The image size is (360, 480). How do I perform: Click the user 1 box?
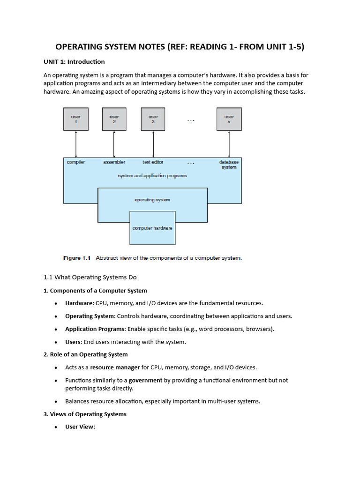[x=75, y=119]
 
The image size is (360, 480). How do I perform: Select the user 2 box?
[x=114, y=119]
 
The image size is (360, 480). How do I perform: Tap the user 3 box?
[x=153, y=119]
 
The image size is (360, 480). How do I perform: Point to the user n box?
[x=229, y=119]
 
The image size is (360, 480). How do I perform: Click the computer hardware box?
[x=152, y=228]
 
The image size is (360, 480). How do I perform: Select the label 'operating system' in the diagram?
[x=152, y=200]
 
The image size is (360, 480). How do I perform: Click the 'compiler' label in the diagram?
[x=76, y=162]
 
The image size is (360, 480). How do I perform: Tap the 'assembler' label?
[x=114, y=162]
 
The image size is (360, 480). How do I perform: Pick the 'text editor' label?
[x=153, y=162]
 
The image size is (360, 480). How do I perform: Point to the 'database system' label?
[x=229, y=165]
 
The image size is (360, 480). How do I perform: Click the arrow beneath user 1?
[x=75, y=144]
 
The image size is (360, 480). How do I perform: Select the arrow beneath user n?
[x=229, y=144]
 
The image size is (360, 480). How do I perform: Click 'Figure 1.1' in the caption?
[x=76, y=258]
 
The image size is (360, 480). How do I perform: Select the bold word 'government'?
[x=145, y=380]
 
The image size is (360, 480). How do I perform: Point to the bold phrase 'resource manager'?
[x=115, y=367]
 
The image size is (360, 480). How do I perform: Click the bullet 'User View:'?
[x=80, y=427]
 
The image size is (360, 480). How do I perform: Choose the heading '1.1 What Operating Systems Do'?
[x=90, y=277]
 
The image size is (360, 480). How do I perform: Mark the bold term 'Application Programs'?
[x=95, y=329]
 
